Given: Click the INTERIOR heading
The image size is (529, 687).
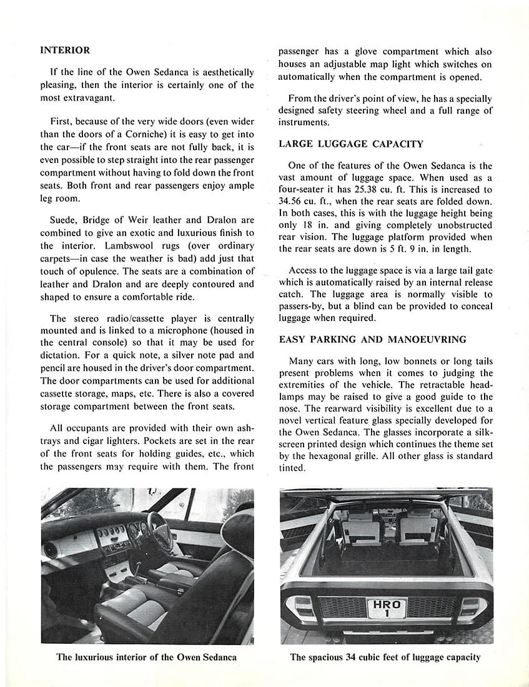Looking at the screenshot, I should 65,50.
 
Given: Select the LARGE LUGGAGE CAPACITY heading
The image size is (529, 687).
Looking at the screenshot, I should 350,144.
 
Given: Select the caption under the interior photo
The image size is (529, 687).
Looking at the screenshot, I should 146,657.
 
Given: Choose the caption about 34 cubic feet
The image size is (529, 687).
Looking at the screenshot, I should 385,657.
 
